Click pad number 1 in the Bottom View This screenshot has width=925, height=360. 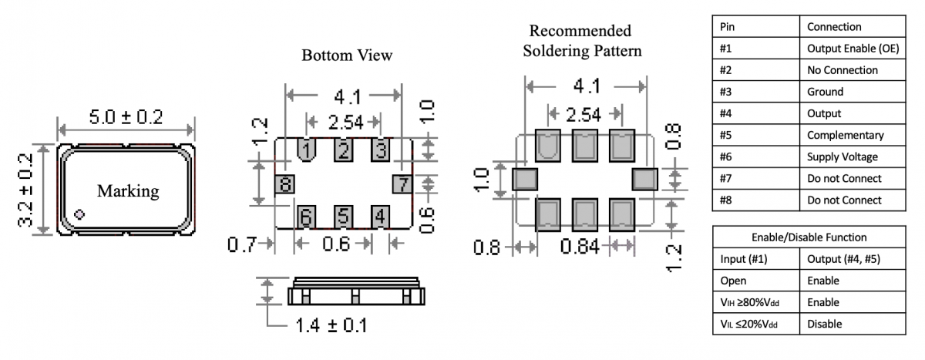[307, 149]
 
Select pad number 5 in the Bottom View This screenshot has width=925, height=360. [343, 217]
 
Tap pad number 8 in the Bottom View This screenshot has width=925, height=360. [285, 184]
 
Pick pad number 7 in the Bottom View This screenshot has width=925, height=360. [402, 184]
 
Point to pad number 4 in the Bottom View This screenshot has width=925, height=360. [380, 217]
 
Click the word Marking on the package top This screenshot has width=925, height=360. [128, 190]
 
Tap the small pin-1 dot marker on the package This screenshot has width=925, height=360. [79, 214]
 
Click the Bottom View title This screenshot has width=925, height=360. [347, 56]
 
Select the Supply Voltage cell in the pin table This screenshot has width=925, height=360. [842, 156]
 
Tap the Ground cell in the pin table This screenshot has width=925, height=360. [825, 92]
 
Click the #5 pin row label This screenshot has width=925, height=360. [727, 135]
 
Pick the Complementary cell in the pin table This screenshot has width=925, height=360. [845, 135]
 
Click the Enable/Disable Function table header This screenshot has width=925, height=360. [809, 237]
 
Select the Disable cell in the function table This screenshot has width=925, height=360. [824, 324]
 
